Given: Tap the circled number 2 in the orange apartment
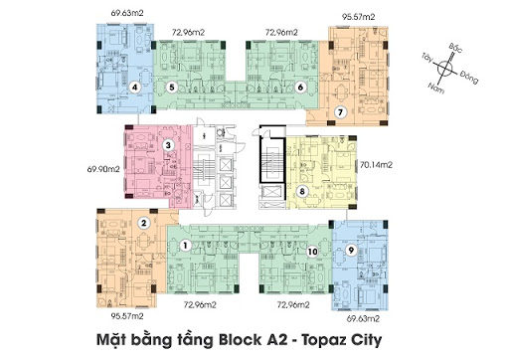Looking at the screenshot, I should coord(144,223).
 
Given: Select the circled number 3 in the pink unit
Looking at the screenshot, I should coord(169,146).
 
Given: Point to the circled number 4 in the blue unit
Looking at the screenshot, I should coord(134,87).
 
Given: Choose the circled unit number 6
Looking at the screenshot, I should coord(300,88).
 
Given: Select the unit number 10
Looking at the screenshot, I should coord(313,253).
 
